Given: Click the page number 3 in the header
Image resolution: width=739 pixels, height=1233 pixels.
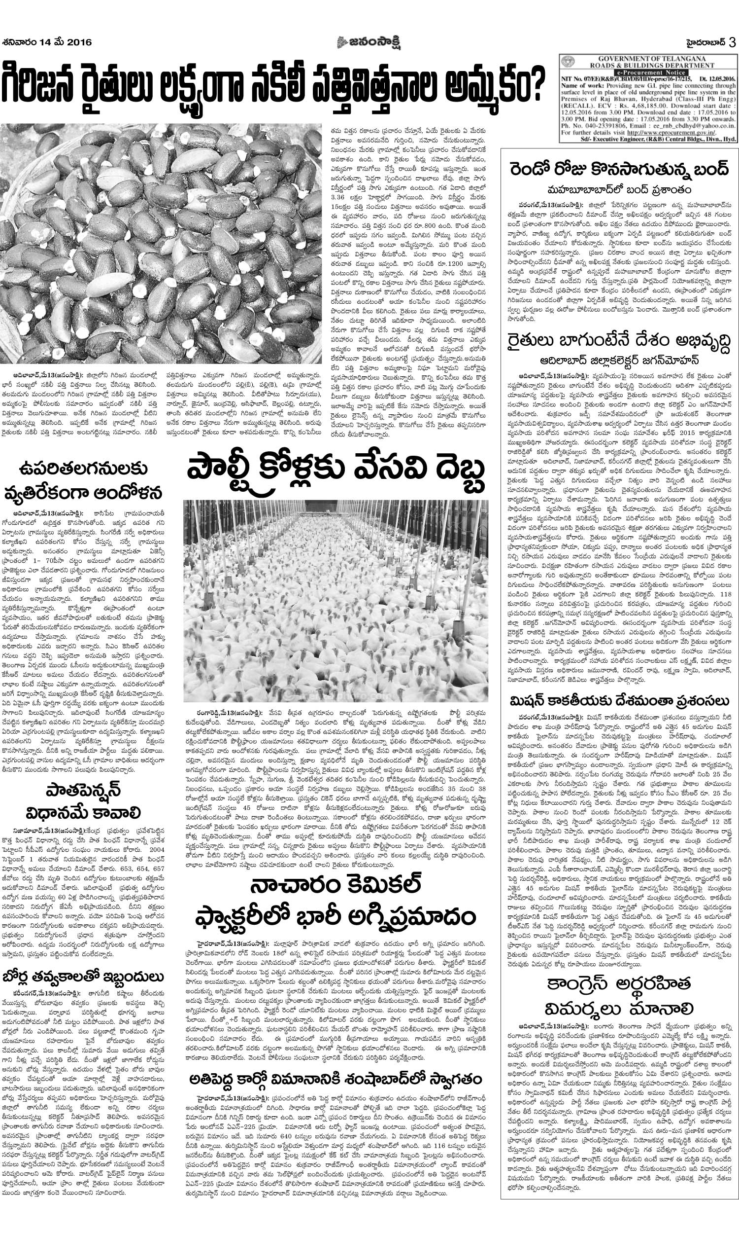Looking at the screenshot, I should (x=732, y=43).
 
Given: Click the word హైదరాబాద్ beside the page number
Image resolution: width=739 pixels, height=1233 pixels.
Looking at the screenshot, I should (x=703, y=43).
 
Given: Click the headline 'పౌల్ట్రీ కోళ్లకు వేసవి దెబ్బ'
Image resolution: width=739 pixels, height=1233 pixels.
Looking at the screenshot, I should (x=336, y=469).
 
